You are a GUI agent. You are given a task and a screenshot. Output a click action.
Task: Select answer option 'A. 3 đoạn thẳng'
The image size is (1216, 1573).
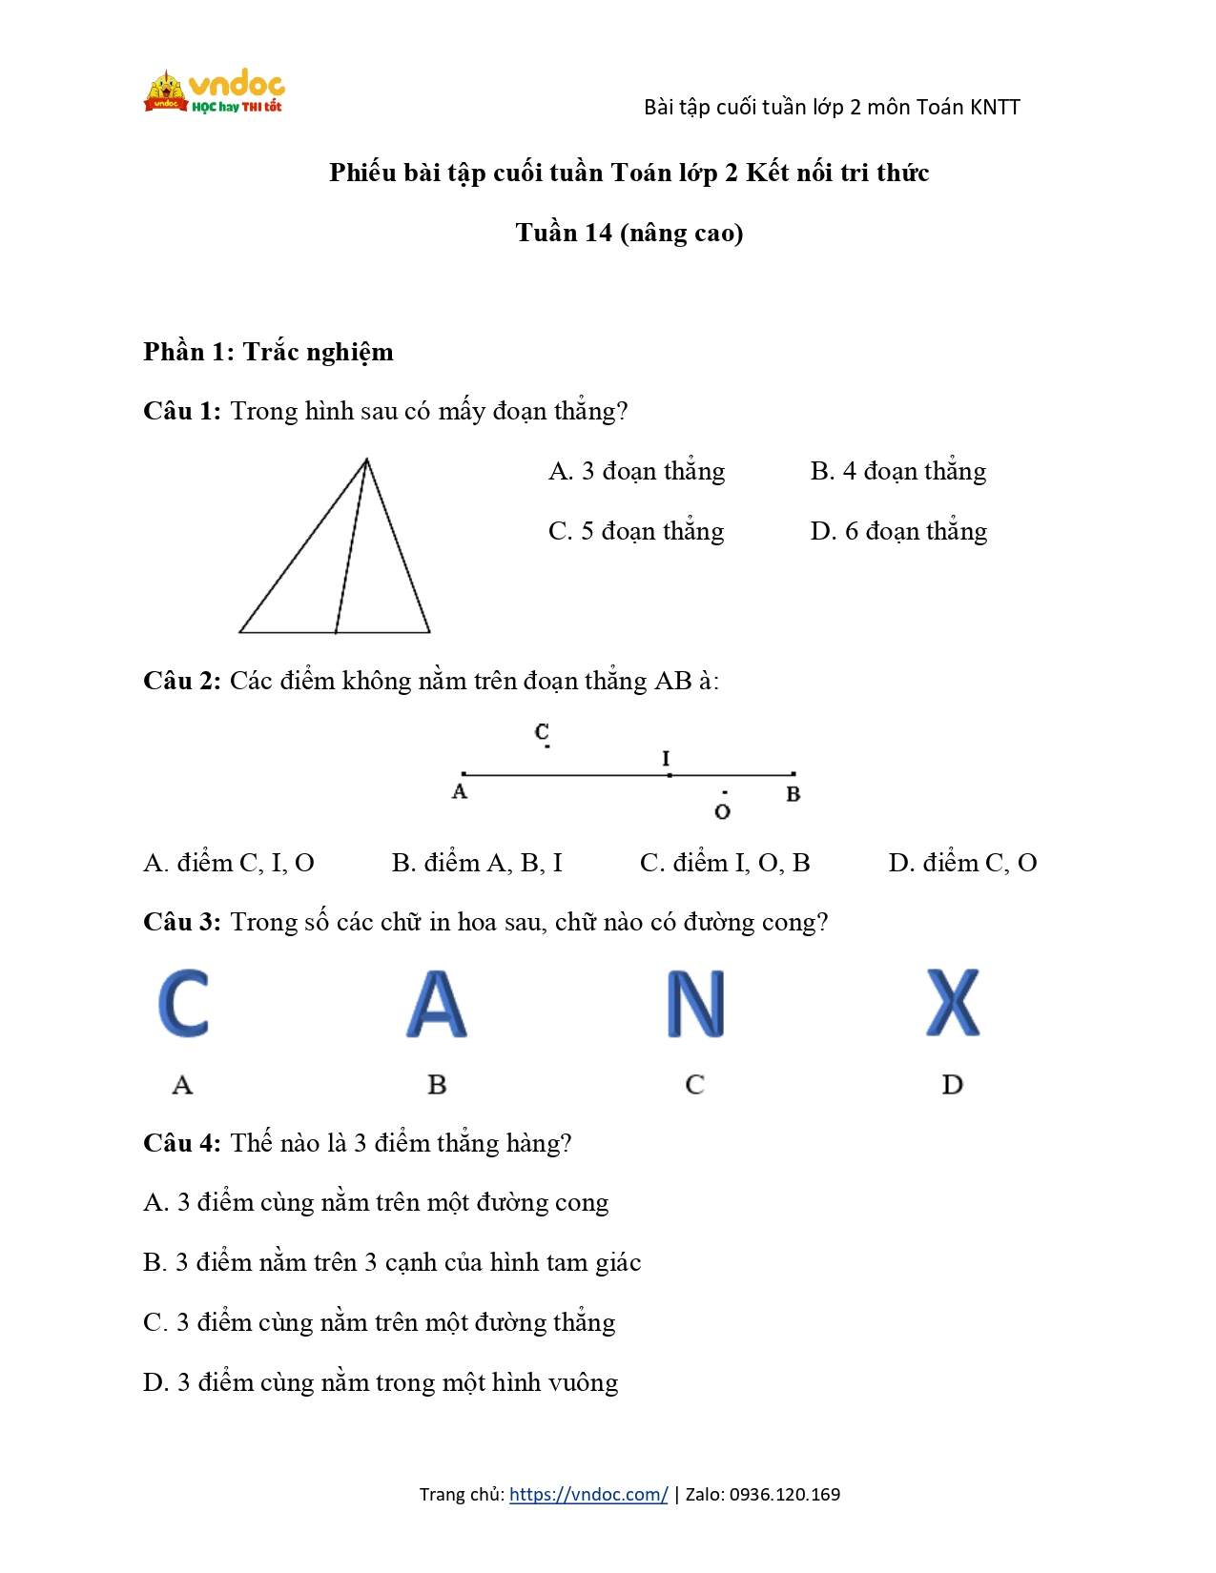click(x=636, y=471)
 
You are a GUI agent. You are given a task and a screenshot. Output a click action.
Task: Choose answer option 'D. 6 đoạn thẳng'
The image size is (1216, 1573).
click(x=897, y=531)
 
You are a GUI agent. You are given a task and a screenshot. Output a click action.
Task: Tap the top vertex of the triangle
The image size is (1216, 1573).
click(x=366, y=460)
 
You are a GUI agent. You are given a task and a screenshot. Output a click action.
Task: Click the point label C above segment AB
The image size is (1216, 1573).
click(x=542, y=731)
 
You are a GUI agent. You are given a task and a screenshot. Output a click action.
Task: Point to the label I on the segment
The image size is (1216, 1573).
click(x=666, y=758)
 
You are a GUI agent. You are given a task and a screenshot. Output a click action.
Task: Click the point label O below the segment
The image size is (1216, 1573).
click(x=722, y=811)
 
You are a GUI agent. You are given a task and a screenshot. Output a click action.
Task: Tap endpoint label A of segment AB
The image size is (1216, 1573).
click(x=460, y=792)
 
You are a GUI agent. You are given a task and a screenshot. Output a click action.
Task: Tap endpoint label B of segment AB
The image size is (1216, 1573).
click(x=793, y=794)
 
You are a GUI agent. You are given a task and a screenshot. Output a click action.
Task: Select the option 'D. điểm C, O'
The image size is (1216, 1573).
click(x=962, y=863)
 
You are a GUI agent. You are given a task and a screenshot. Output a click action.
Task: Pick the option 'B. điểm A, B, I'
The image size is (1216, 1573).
click(x=477, y=863)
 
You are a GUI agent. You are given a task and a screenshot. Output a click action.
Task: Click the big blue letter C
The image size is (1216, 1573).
click(x=183, y=1003)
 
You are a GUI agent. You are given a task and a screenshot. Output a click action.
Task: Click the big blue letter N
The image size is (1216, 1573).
click(x=695, y=1004)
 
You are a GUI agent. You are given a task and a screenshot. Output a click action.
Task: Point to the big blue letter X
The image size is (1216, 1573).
click(x=953, y=1003)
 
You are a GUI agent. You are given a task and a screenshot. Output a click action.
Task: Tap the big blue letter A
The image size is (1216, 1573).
click(x=436, y=1004)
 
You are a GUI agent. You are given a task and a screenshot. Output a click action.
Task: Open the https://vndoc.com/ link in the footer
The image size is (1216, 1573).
click(x=588, y=1494)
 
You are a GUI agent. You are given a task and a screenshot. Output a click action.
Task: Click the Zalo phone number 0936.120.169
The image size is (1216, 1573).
click(x=785, y=1494)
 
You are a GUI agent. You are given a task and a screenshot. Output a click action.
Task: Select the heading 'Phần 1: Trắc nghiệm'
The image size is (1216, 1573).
click(x=268, y=352)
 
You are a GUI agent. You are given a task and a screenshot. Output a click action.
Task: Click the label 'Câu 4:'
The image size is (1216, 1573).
click(x=182, y=1142)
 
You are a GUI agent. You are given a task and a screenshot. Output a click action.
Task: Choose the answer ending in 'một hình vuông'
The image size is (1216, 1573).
click(x=381, y=1382)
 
